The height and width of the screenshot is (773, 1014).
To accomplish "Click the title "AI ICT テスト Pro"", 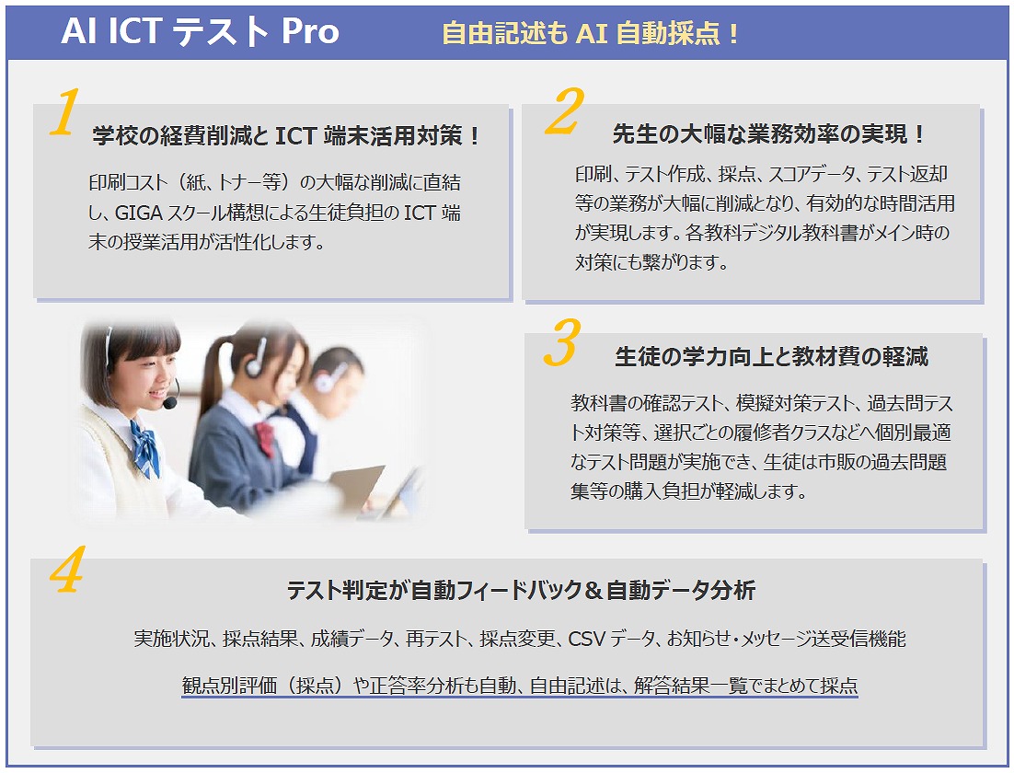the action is click(x=200, y=31).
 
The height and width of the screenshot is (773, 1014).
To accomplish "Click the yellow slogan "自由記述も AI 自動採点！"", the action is click(x=591, y=33).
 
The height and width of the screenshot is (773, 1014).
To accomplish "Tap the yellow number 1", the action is click(x=65, y=112).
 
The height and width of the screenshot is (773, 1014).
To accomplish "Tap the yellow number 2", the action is click(x=565, y=111).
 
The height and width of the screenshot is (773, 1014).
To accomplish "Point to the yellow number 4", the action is click(x=67, y=570).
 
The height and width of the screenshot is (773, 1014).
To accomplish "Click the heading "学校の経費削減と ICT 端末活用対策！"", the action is click(x=286, y=136).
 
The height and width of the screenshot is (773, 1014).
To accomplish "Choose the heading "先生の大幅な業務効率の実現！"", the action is click(x=769, y=134).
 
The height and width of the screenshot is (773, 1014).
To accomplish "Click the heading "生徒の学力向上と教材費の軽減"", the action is click(x=771, y=356).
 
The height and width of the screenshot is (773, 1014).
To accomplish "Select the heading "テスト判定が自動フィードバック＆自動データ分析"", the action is click(x=521, y=590).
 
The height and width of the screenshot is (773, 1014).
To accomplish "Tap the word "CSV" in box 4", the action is click(x=586, y=639).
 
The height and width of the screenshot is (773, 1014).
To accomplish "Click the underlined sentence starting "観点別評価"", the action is click(x=520, y=685).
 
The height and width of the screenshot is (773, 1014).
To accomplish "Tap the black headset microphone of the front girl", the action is click(x=170, y=403).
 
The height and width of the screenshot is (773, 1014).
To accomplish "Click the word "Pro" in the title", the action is click(x=310, y=31).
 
